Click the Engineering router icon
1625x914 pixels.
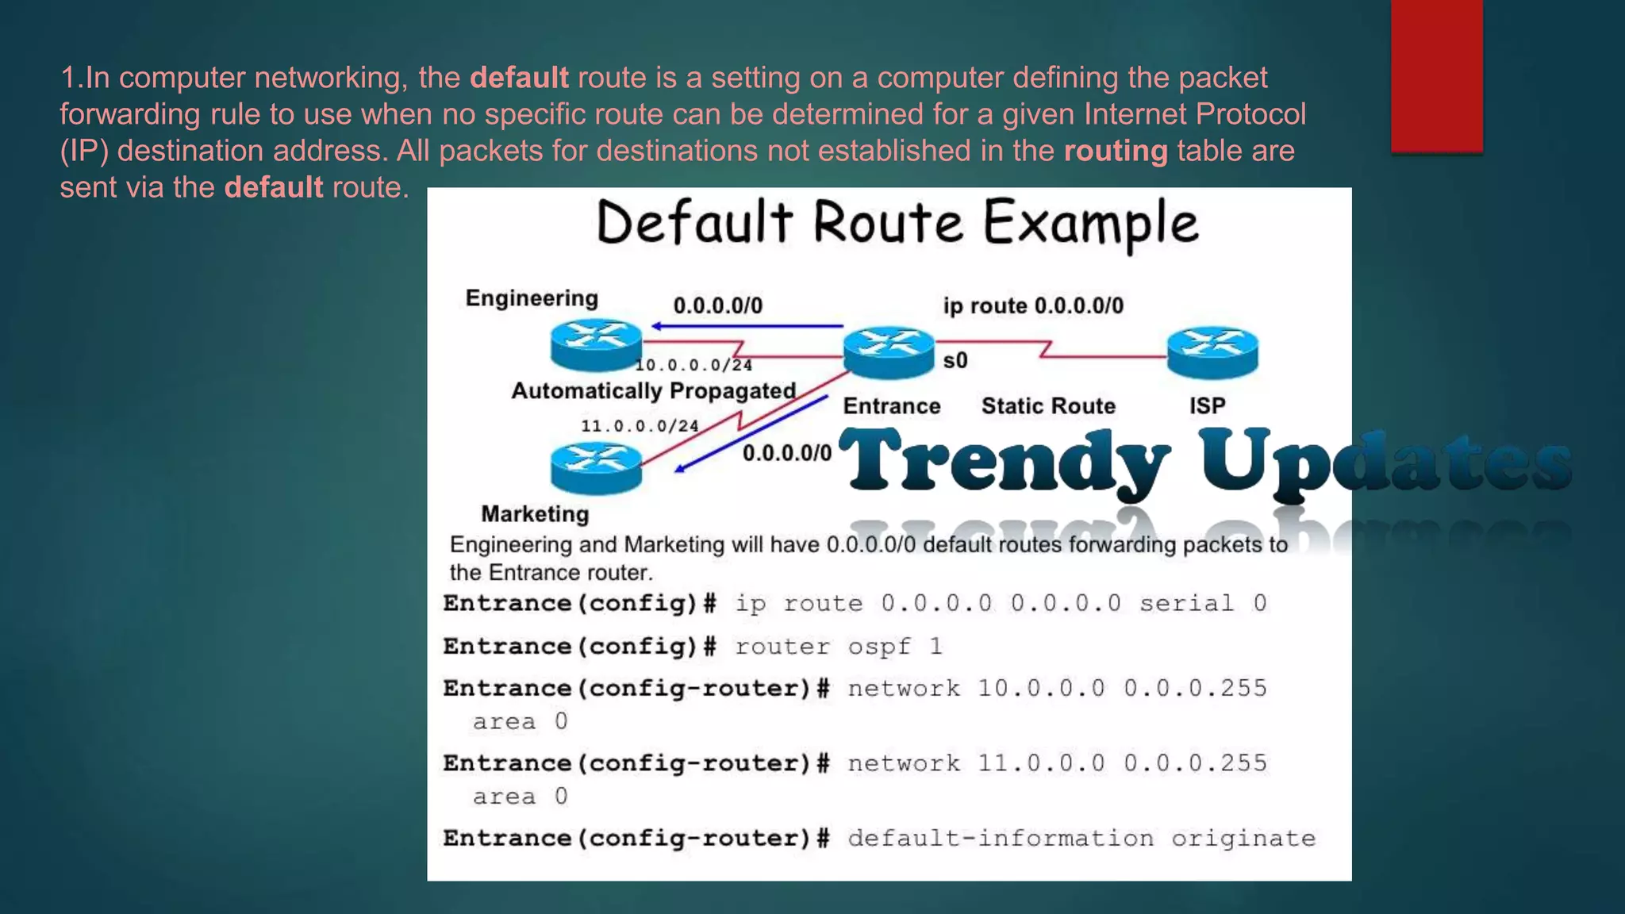(x=596, y=345)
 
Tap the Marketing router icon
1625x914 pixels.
(x=596, y=468)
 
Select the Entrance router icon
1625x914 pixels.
(x=889, y=352)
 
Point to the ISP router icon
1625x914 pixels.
(x=1212, y=352)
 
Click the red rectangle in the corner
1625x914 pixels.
(x=1436, y=75)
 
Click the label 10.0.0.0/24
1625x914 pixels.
(x=693, y=365)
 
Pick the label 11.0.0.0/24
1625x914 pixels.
(x=640, y=426)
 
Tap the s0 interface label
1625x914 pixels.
(x=955, y=361)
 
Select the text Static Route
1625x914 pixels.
(x=1048, y=406)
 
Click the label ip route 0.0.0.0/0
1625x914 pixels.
(x=1033, y=306)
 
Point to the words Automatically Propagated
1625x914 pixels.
(x=653, y=391)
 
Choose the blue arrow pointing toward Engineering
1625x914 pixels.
(x=746, y=326)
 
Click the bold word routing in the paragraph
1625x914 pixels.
(x=1116, y=151)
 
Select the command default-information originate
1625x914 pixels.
(x=1081, y=839)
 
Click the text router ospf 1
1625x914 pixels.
(x=839, y=647)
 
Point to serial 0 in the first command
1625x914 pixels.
(x=1203, y=604)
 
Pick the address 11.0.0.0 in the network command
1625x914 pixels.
(x=1040, y=763)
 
